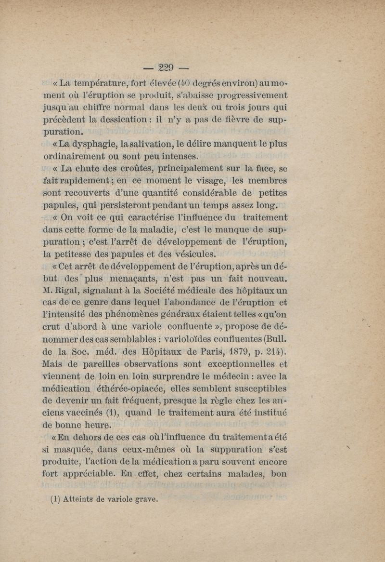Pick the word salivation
point(145,144)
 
